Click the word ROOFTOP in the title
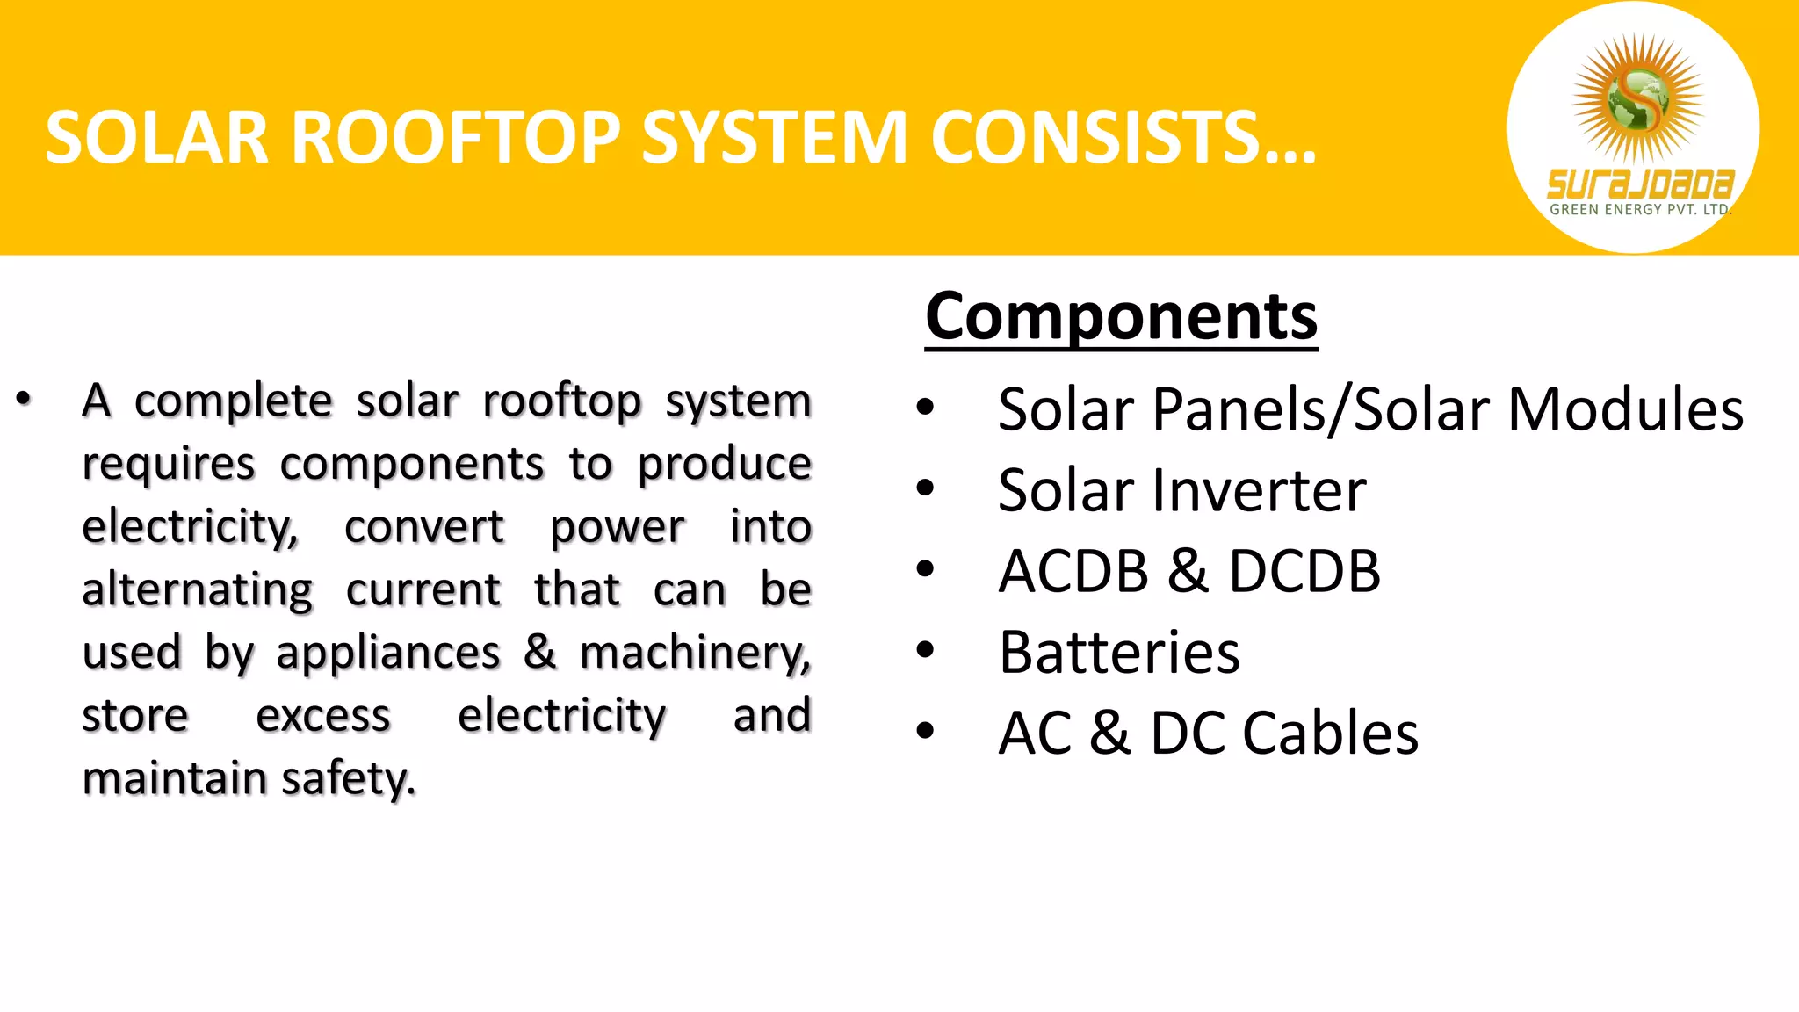457,138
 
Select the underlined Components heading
1121,316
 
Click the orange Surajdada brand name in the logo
1639,184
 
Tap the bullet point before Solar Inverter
925,488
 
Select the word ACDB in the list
1073,571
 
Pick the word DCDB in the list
1304,571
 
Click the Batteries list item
1119,653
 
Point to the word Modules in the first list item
1625,409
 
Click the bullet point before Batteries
925,650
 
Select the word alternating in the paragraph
198,590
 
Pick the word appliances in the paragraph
388,654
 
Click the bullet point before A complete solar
24,400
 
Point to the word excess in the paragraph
323,716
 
